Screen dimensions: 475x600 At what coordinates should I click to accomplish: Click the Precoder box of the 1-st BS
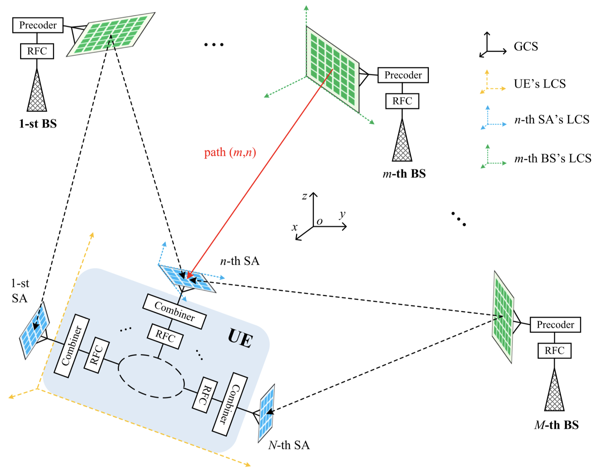pyautogui.click(x=38, y=25)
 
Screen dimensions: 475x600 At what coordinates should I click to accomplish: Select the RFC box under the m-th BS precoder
pyautogui.click(x=402, y=101)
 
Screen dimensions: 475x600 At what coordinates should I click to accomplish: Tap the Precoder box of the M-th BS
pyautogui.click(x=555, y=325)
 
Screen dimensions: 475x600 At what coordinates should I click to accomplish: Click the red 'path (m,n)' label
pyautogui.click(x=230, y=152)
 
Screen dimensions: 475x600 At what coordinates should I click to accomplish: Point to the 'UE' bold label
pyautogui.click(x=240, y=338)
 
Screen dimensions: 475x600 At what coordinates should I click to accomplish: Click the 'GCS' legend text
pyautogui.click(x=526, y=46)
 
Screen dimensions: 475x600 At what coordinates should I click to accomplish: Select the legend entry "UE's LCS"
pyautogui.click(x=540, y=84)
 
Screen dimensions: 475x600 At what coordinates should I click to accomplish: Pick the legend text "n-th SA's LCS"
pyautogui.click(x=552, y=120)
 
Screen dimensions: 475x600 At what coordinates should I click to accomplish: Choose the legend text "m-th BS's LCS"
pyautogui.click(x=553, y=159)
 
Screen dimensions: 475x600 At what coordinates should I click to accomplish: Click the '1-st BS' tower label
pyautogui.click(x=38, y=124)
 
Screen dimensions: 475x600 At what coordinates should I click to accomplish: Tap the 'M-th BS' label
pyautogui.click(x=556, y=425)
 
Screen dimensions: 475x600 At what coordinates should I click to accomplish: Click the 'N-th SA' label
pyautogui.click(x=289, y=445)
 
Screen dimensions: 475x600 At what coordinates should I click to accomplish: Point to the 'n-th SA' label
pyautogui.click(x=240, y=261)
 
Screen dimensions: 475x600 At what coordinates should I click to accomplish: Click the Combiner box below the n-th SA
pyautogui.click(x=174, y=311)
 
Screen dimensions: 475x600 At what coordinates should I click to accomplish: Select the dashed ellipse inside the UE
pyautogui.click(x=151, y=376)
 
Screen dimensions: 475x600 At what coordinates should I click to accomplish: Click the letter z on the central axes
pyautogui.click(x=304, y=196)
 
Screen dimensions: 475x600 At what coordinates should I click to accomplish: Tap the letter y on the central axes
pyautogui.click(x=342, y=214)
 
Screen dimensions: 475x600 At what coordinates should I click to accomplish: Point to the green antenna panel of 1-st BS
pyautogui.click(x=110, y=34)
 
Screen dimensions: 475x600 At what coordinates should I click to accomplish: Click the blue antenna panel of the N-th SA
pyautogui.click(x=267, y=413)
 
